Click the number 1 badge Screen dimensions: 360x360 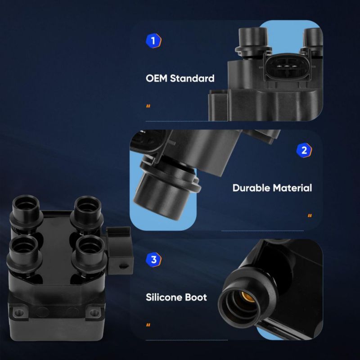(x=153, y=41)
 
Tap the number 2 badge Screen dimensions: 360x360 (x=304, y=150)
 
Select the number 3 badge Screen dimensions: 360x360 (x=153, y=260)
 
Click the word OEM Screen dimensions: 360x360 (x=157, y=78)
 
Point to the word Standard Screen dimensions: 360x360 (x=192, y=78)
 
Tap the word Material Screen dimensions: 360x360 (x=292, y=188)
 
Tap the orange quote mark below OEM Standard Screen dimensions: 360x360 (x=148, y=106)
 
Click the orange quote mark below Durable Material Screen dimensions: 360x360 (x=310, y=216)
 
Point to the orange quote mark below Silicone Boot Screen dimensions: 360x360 (x=148, y=325)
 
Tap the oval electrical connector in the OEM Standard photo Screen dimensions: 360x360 (x=287, y=67)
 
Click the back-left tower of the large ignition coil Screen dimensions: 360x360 (x=26, y=211)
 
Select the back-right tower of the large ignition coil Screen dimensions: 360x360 (x=87, y=212)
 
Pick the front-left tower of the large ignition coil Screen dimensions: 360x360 (x=24, y=252)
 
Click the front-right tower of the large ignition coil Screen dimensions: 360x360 (x=90, y=254)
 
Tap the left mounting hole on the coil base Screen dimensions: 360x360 (x=19, y=312)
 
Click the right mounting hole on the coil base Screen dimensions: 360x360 (x=94, y=313)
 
